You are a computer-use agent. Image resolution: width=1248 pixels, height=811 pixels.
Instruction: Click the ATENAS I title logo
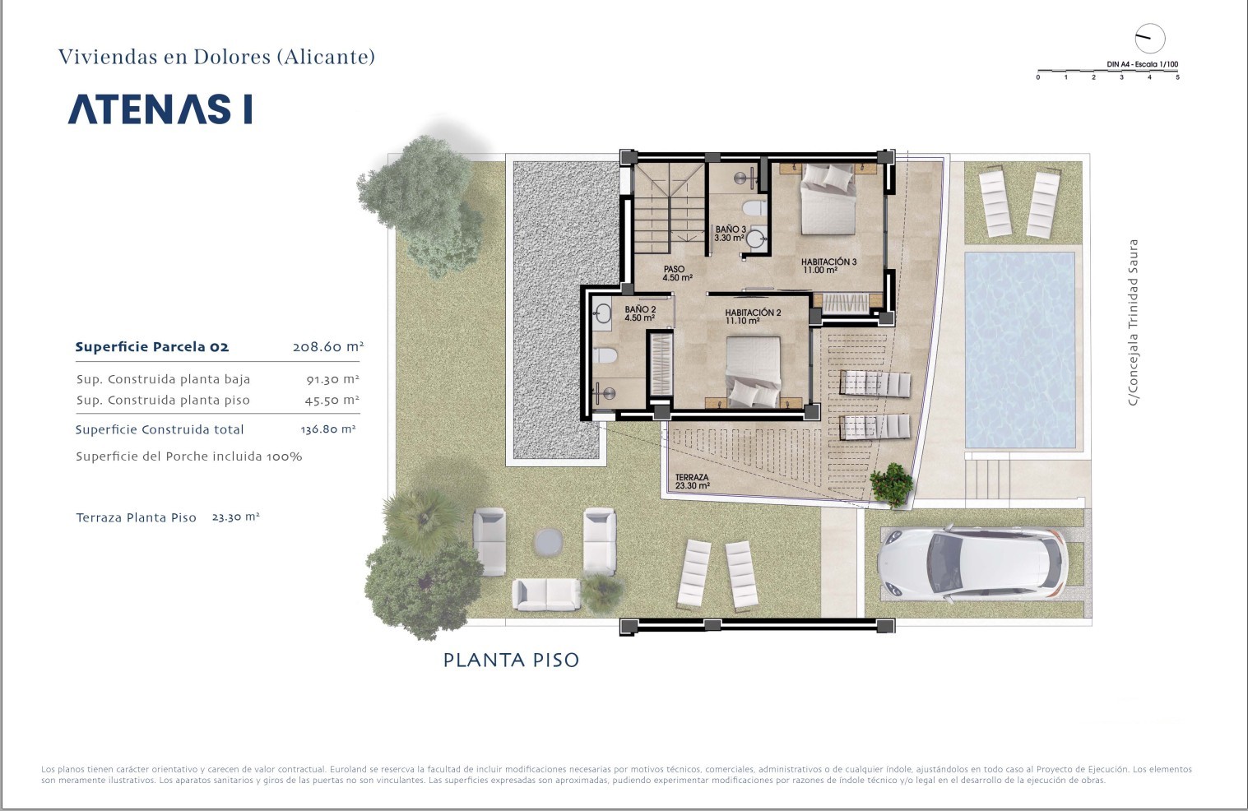pos(160,109)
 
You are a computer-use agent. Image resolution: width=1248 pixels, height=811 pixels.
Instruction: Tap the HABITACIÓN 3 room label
pos(828,266)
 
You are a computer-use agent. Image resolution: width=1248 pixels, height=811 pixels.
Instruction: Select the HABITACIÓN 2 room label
pos(753,317)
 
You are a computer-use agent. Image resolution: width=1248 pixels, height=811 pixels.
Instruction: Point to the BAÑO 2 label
pos(639,313)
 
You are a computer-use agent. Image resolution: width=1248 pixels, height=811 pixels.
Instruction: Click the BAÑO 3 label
pos(730,234)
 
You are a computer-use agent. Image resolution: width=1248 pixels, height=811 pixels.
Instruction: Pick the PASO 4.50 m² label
pos(678,274)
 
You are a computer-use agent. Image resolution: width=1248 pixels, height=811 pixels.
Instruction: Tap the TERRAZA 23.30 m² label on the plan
pos(692,481)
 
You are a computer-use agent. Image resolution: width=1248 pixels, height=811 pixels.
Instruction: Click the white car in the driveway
pos(972,563)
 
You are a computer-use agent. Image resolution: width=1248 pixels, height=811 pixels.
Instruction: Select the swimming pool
pos(1019,350)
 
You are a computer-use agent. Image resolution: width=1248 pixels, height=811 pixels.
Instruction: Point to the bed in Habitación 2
pos(754,372)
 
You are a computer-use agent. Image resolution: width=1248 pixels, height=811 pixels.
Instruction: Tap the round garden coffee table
pos(549,541)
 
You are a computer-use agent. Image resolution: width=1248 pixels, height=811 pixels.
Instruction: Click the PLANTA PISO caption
pos(511,660)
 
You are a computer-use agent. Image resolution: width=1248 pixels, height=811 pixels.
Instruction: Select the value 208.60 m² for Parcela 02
pos(328,346)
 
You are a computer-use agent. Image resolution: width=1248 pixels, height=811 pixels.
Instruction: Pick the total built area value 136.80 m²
pos(328,429)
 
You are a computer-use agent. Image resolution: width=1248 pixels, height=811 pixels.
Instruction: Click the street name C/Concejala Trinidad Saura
pos(1132,322)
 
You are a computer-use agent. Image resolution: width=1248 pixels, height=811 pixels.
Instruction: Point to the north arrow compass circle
pos(1150,39)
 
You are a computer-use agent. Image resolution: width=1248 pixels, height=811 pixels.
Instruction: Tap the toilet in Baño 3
pos(755,208)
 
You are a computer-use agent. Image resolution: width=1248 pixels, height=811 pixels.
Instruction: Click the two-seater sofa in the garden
pos(546,595)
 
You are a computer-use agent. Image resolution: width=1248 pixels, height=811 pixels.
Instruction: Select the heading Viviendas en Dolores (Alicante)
pos(216,57)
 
